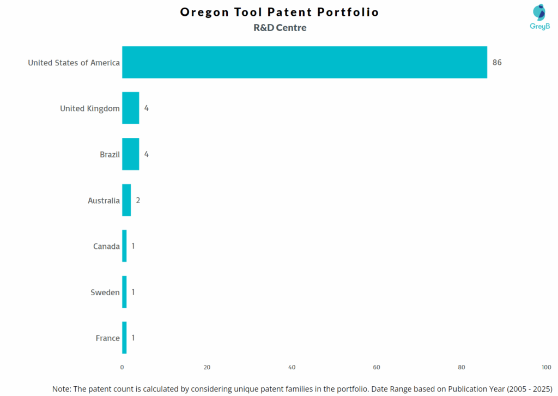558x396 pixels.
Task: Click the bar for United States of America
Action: (304, 62)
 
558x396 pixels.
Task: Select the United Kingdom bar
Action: (130, 108)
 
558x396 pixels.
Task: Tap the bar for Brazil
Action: (130, 154)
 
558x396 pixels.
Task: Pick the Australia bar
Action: (126, 200)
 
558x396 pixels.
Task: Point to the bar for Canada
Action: (124, 246)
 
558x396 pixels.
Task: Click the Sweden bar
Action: (124, 292)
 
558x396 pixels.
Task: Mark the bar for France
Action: (124, 338)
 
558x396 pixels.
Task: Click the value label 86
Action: (497, 63)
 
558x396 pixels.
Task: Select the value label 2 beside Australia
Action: (138, 200)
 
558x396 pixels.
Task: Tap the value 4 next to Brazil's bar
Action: (146, 154)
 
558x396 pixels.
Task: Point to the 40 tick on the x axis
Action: (292, 368)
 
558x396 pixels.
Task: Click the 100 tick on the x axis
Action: (546, 368)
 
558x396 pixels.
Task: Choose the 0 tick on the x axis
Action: (122, 368)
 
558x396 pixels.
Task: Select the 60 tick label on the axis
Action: (377, 368)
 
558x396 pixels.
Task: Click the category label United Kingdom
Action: (90, 108)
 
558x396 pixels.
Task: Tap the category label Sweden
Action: (105, 293)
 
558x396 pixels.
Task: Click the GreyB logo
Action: (539, 17)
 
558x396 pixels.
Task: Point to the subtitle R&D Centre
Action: (280, 28)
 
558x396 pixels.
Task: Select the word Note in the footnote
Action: (63, 389)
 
